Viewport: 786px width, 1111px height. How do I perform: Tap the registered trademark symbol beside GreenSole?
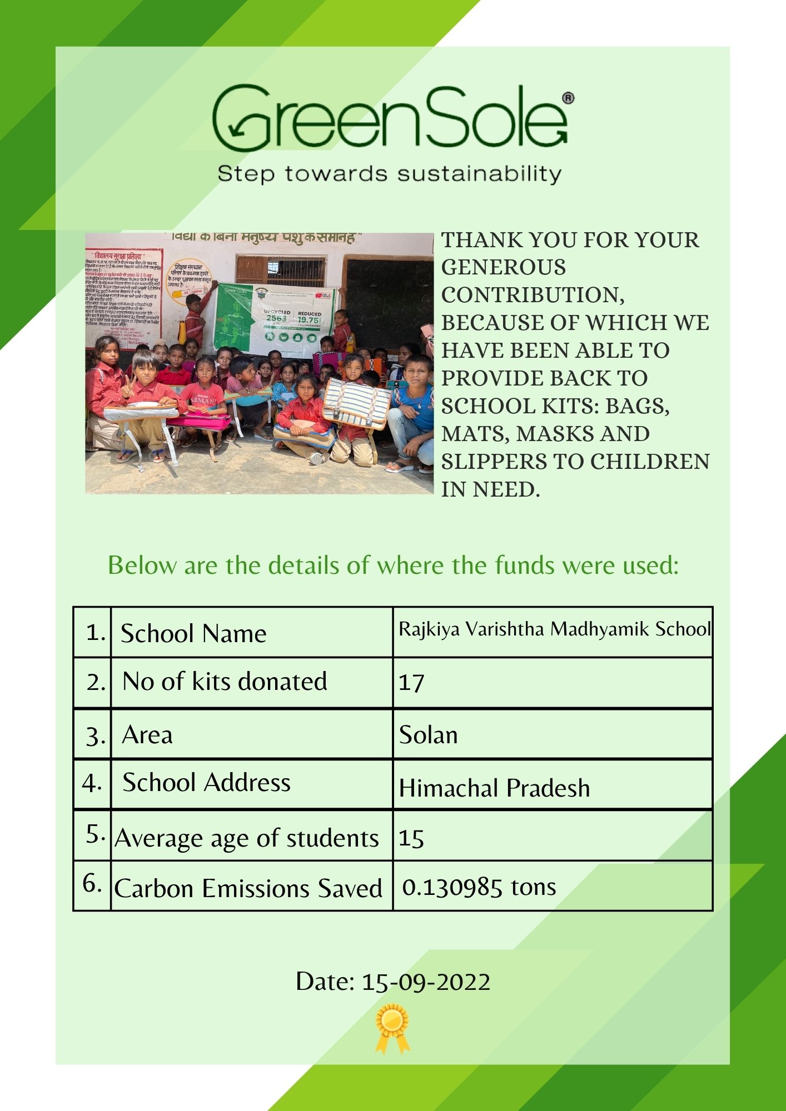click(568, 98)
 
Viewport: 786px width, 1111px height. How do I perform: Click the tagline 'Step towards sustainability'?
click(389, 174)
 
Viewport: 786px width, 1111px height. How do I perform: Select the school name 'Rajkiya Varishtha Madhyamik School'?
click(554, 629)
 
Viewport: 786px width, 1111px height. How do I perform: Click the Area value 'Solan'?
click(428, 735)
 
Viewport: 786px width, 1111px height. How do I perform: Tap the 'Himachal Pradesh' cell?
click(494, 788)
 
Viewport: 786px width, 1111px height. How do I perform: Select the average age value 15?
click(411, 838)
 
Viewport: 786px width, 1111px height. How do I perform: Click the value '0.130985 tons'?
click(479, 887)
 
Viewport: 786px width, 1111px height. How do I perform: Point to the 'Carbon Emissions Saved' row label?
click(248, 888)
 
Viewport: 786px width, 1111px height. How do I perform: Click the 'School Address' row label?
click(206, 783)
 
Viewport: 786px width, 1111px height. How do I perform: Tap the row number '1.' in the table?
click(96, 632)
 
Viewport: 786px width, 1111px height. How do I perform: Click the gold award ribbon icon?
click(392, 1028)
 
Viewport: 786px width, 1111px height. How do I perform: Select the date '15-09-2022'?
click(426, 982)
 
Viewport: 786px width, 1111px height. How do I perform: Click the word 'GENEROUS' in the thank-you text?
click(503, 268)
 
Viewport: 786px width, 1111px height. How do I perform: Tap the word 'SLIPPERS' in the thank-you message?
click(511, 462)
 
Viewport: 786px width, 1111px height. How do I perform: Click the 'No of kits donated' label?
click(225, 682)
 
